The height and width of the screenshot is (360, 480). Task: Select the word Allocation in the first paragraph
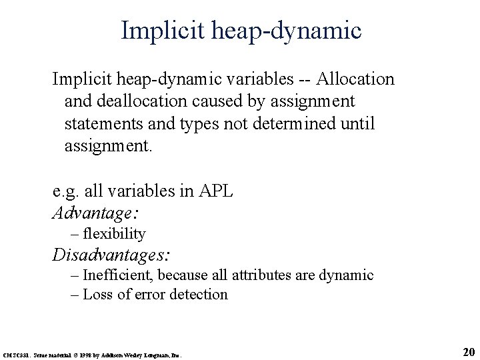356,79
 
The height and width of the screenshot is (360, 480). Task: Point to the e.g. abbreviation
66,192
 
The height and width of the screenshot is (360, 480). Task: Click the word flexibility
114,233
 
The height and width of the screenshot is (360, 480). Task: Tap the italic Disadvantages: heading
111,255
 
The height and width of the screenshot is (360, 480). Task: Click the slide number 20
467,352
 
